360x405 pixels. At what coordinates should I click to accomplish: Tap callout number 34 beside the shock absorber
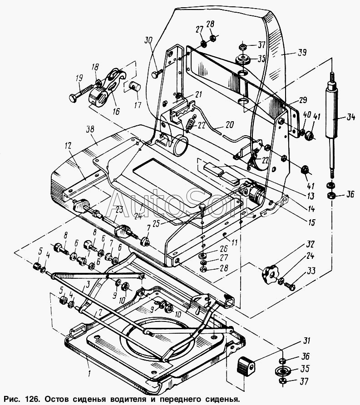350,118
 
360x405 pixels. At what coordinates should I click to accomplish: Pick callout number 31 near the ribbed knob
306,341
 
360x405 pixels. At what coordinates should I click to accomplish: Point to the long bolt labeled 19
81,92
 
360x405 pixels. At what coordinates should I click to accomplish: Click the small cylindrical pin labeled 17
135,86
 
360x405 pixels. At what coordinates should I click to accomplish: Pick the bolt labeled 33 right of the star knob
289,286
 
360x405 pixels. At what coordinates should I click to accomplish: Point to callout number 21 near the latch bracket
198,94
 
